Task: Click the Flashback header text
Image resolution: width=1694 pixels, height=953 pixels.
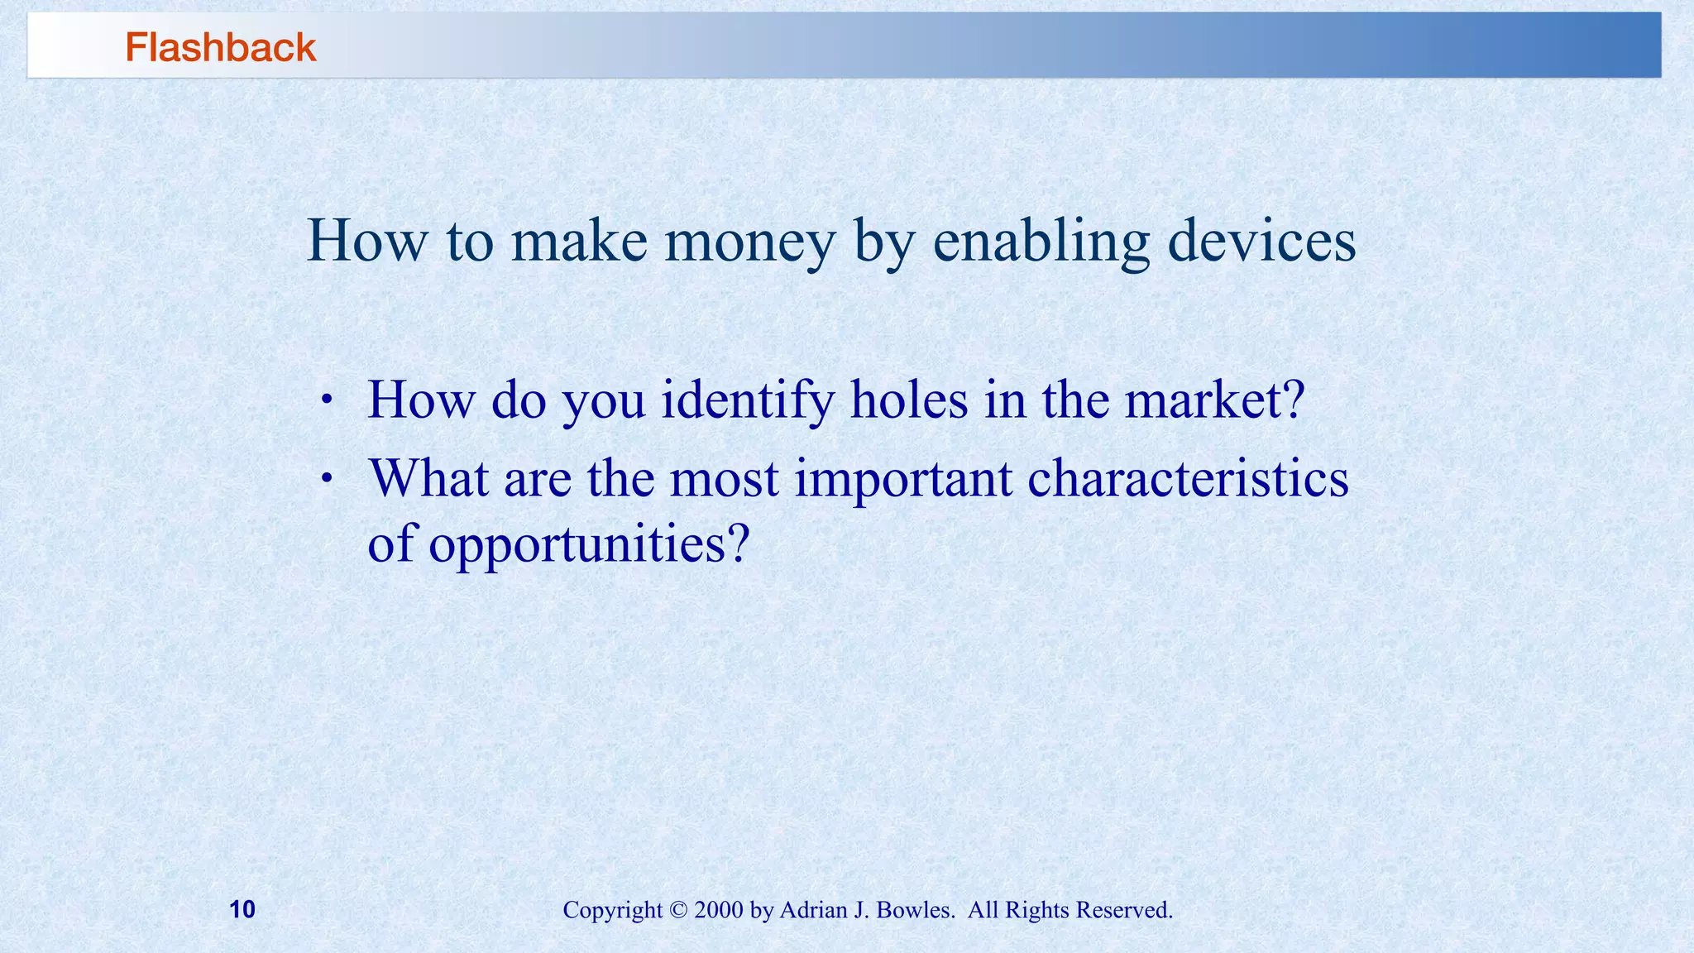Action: [220, 48]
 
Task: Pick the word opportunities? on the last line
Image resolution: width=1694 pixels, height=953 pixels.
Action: [588, 546]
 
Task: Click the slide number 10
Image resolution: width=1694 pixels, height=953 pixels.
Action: [242, 910]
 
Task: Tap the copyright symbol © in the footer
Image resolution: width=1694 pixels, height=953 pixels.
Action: [678, 911]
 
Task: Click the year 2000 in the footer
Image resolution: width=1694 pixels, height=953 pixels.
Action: [719, 911]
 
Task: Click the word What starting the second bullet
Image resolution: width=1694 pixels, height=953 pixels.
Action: [428, 480]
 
